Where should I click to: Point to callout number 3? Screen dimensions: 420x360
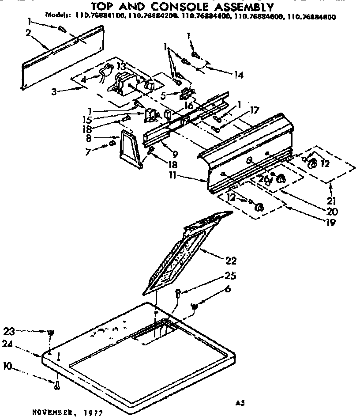coord(54,92)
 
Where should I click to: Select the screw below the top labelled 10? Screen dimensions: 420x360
coord(58,385)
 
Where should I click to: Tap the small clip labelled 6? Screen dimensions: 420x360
coord(194,306)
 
